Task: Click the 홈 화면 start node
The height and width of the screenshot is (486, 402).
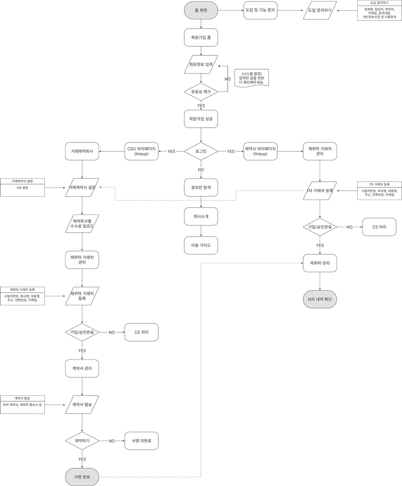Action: point(201,10)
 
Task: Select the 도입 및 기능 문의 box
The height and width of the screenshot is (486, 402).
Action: point(260,10)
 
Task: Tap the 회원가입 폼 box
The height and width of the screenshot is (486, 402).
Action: point(201,38)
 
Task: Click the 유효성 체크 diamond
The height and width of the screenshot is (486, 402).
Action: point(201,92)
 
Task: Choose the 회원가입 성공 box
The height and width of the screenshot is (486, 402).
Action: point(201,119)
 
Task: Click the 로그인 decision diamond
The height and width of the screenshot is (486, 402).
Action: point(201,151)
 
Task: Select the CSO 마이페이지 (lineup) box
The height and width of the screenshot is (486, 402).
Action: point(142,151)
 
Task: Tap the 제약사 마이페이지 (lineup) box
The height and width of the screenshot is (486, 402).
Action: point(260,151)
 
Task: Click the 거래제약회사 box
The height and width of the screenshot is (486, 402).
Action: point(82,151)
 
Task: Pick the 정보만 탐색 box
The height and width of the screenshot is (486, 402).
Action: point(201,188)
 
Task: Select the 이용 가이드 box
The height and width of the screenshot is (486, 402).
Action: point(201,245)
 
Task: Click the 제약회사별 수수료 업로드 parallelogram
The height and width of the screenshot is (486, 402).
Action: point(82,224)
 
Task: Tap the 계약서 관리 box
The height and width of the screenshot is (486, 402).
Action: point(82,368)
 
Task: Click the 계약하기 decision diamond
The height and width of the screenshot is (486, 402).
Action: point(82,441)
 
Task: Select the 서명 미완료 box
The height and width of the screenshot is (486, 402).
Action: point(142,441)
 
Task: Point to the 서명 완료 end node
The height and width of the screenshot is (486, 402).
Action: point(82,477)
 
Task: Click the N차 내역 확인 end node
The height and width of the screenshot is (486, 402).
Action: point(320,299)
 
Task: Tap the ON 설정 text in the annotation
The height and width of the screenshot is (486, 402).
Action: point(22,188)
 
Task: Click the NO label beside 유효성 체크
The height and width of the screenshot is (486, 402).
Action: point(227,79)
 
